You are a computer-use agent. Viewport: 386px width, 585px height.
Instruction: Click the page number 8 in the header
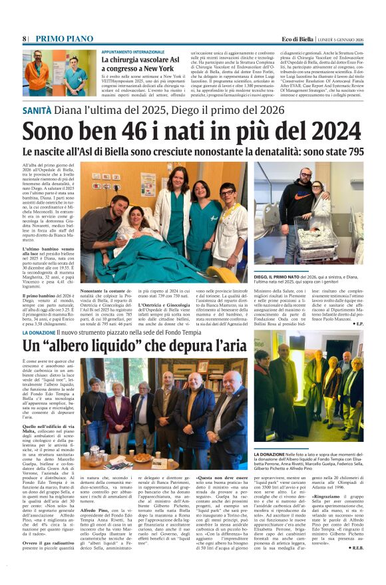[x=24, y=39]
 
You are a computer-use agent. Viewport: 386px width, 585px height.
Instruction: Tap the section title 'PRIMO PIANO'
[x=57, y=39]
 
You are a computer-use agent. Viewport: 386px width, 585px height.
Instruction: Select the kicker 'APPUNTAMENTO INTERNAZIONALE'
[x=132, y=51]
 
